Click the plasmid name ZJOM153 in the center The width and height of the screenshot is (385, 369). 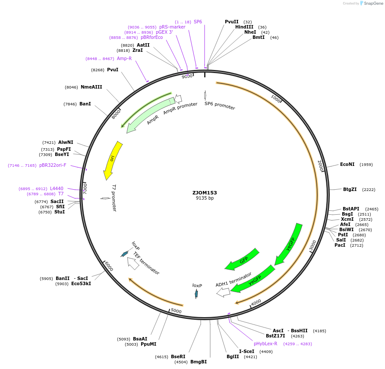pyautogui.click(x=205, y=193)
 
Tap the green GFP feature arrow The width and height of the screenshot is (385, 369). pyautogui.click(x=243, y=259)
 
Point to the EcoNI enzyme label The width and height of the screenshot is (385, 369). pyautogui.click(x=347, y=165)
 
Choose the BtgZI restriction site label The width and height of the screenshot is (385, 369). pyautogui.click(x=350, y=189)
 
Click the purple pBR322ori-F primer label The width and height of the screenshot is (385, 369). pyautogui.click(x=53, y=165)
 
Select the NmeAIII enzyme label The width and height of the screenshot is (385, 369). pyautogui.click(x=91, y=87)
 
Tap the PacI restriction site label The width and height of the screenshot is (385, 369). pyautogui.click(x=340, y=245)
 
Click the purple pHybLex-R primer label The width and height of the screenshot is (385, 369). pyautogui.click(x=265, y=344)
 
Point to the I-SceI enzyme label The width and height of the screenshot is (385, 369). pyautogui.click(x=246, y=352)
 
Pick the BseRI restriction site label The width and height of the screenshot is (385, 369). pyautogui.click(x=178, y=356)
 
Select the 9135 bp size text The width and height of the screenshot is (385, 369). pyautogui.click(x=205, y=198)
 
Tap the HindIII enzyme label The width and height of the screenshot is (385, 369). pyautogui.click(x=244, y=27)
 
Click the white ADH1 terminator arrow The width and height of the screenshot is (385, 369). pyautogui.click(x=224, y=293)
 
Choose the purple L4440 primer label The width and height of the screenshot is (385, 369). pyautogui.click(x=57, y=188)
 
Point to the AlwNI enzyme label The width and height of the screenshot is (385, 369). pyautogui.click(x=66, y=142)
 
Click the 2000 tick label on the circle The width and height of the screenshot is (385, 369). pyautogui.click(x=320, y=166)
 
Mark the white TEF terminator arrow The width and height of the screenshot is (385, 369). pyautogui.click(x=133, y=263)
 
